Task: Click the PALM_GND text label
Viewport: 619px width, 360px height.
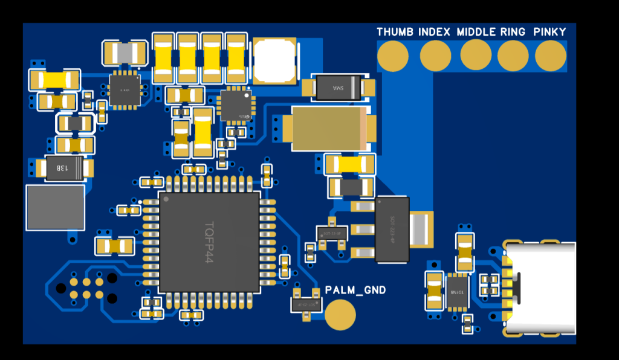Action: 355,291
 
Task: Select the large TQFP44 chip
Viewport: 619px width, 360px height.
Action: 210,242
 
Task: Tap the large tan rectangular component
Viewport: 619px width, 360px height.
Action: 329,128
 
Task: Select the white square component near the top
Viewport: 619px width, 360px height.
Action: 275,60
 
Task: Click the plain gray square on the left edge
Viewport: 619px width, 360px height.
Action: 55,207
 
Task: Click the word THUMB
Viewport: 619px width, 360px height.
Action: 395,32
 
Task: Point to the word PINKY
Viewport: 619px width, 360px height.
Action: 549,32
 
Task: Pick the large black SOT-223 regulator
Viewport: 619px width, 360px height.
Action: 392,230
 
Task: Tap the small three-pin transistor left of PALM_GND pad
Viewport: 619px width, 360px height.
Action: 306,301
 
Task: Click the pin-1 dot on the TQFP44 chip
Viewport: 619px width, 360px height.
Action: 166,198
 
